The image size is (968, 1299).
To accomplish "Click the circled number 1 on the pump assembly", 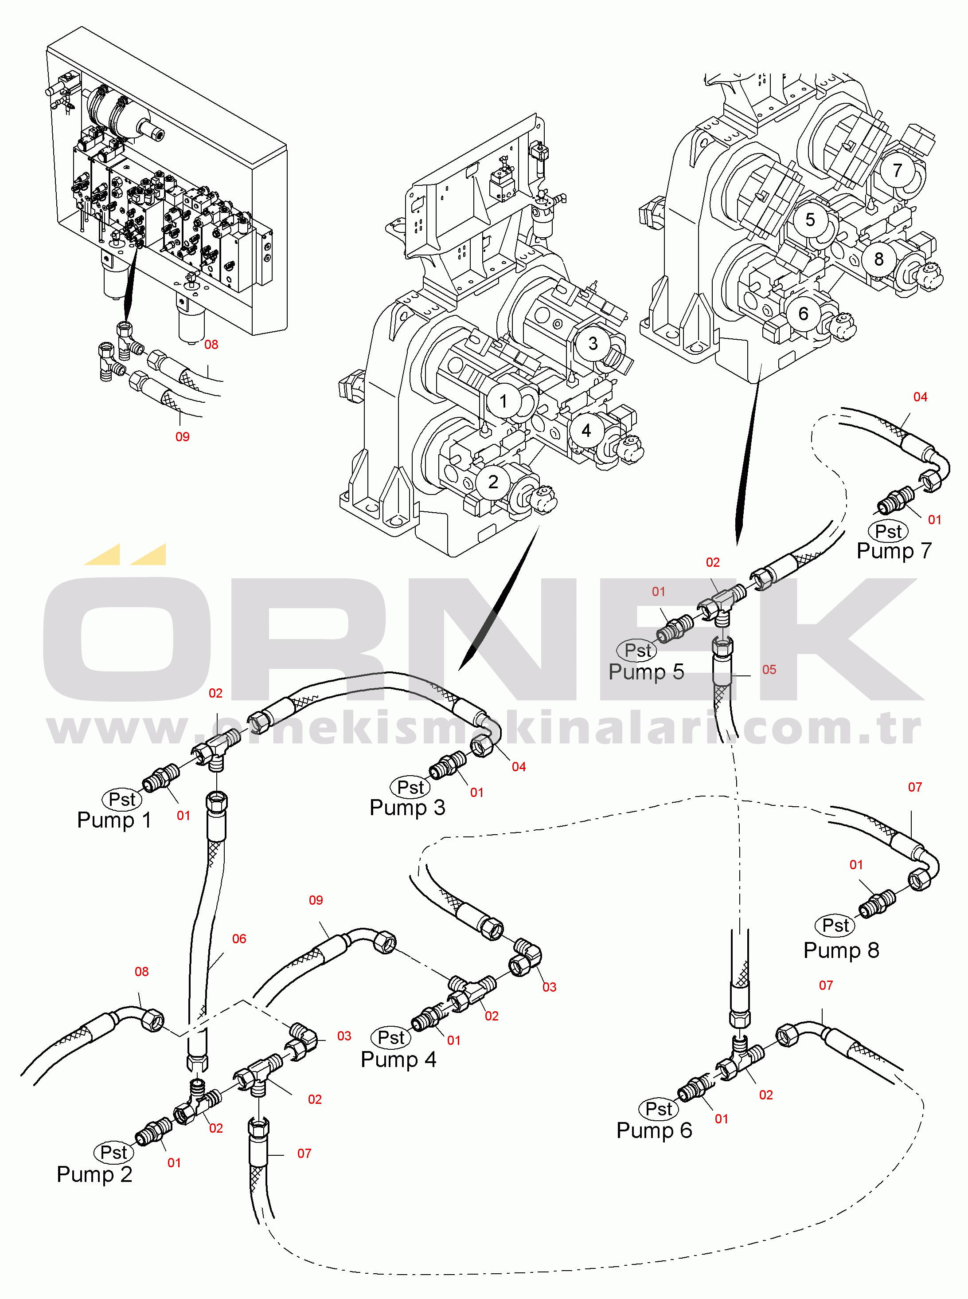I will point(503,401).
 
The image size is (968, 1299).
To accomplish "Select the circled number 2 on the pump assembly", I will point(493,482).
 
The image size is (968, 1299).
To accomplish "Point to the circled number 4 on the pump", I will point(586,430).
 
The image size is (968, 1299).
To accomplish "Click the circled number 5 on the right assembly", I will point(810,220).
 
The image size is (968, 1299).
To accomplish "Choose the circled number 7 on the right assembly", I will point(897,170).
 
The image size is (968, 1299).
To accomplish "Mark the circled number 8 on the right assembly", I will point(878,259).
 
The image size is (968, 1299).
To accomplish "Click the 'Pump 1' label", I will point(114,820).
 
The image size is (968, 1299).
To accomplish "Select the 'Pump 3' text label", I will point(407,807).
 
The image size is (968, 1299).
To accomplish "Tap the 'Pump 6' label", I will point(654,1130).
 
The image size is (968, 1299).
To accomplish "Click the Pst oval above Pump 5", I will point(637,650).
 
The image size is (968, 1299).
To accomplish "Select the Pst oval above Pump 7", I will point(888,531).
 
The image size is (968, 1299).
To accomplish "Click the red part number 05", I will point(769,669).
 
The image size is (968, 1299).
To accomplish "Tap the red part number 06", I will point(239,938).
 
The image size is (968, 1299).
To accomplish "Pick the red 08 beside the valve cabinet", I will point(211,345).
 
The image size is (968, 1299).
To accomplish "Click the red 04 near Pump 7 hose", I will point(920,397).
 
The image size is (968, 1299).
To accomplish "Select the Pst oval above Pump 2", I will point(113,1152).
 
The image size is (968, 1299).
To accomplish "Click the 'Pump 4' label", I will point(398,1059).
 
